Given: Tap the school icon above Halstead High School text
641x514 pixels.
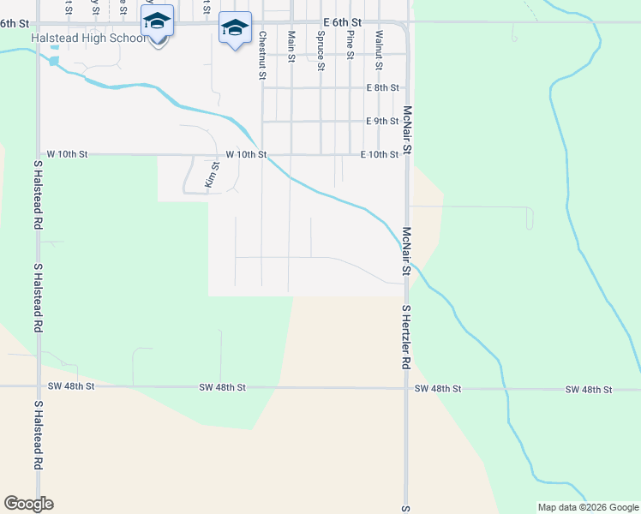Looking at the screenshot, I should (157, 21).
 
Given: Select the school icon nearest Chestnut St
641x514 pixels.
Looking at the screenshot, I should (236, 27).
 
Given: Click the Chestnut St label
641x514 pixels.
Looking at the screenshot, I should (262, 55).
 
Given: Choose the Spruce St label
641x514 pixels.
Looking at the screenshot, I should (320, 51).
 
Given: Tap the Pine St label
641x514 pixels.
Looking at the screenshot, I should (350, 45).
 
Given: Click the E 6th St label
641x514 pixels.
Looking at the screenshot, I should (342, 21).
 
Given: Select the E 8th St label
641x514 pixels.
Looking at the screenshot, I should (382, 87).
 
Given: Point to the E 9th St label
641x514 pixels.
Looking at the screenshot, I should (382, 121).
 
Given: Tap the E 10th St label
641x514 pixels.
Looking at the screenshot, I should (379, 154).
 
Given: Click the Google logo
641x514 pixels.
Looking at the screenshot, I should (28, 504).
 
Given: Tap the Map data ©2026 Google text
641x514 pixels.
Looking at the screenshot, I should (588, 507).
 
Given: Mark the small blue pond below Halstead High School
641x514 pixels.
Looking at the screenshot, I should (55, 61).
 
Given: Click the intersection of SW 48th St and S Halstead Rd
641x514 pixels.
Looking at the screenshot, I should (38, 386).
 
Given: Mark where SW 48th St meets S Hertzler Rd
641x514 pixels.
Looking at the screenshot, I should (407, 388).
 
